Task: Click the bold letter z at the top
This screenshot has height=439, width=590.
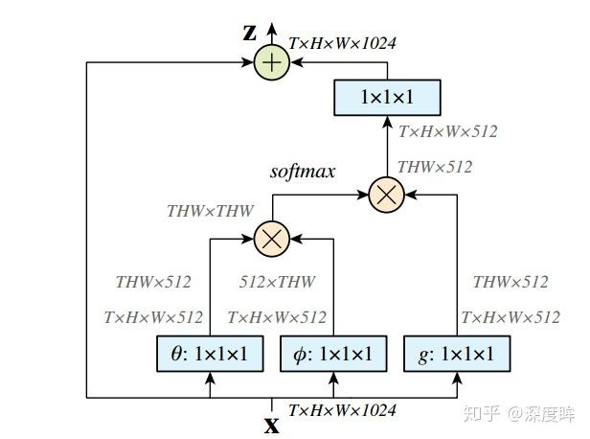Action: coord(250,33)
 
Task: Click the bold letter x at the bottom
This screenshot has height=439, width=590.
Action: coord(272,422)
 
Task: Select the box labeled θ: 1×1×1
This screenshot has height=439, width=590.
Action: coord(209,355)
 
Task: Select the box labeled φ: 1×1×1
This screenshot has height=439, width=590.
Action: coord(333,355)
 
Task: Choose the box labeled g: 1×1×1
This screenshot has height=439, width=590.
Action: coord(457,355)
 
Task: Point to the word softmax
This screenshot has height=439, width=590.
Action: coord(302,173)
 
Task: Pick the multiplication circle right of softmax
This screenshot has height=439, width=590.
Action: coord(386,195)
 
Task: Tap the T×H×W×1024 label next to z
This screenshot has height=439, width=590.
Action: coord(342,43)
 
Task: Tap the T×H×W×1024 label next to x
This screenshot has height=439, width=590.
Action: coord(342,410)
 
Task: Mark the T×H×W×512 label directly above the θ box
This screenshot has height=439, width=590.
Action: coord(153,317)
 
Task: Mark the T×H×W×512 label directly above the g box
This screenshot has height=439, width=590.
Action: coord(511,317)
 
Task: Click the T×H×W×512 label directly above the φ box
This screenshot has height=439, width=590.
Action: coord(276,317)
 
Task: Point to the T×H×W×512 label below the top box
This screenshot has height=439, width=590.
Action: coord(447,131)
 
